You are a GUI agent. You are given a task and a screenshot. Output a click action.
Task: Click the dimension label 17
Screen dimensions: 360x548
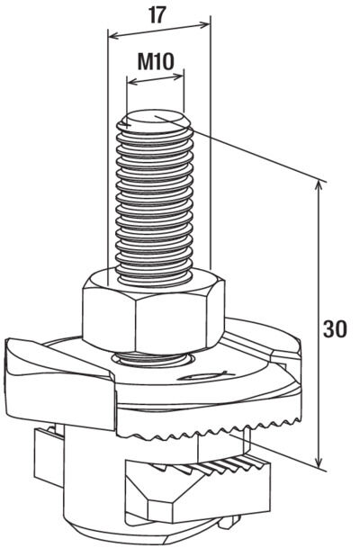click(x=157, y=15)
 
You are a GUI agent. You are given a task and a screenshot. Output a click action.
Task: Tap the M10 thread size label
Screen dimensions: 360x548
click(x=156, y=62)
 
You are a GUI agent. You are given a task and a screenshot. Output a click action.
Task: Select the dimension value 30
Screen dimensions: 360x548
click(x=335, y=328)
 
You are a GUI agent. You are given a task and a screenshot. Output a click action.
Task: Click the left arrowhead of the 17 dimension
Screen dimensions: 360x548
click(x=112, y=36)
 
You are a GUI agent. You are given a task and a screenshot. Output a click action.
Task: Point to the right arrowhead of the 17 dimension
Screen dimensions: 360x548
click(x=206, y=23)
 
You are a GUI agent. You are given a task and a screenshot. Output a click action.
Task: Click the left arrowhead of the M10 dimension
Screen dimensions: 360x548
click(x=131, y=83)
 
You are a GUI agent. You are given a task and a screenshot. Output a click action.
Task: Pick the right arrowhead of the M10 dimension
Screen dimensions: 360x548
click(x=179, y=76)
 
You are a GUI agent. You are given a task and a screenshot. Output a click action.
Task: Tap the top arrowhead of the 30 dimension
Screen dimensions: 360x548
click(x=319, y=186)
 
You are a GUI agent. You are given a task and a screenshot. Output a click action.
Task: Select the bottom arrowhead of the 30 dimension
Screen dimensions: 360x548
click(x=319, y=462)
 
